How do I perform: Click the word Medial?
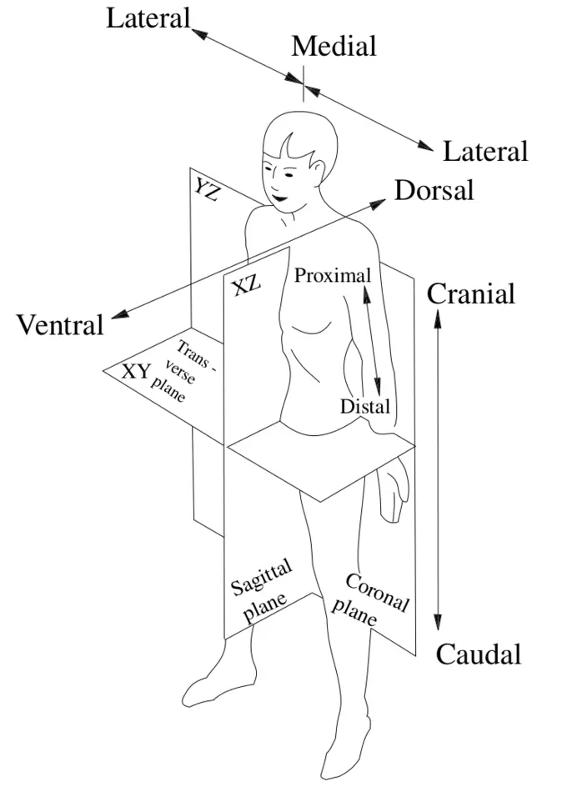tap(334, 47)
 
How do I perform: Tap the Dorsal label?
tap(434, 190)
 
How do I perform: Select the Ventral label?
tap(61, 324)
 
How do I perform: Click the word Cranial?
tap(471, 293)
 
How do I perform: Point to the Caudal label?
tap(479, 654)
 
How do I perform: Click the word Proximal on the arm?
tap(332, 275)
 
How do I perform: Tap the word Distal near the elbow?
tap(365, 407)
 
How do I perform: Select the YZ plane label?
tap(207, 191)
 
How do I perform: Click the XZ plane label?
tap(246, 286)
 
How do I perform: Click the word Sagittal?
tap(261, 578)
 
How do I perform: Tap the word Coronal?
tap(376, 592)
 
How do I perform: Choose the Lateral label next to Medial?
tap(148, 18)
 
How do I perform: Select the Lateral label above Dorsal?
tap(485, 152)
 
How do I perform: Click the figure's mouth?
tap(278, 196)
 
